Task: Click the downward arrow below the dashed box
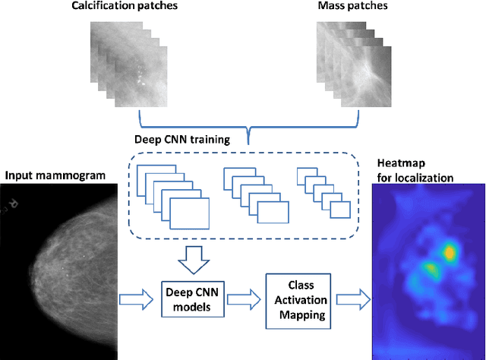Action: (x=191, y=261)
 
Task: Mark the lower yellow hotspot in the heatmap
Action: (x=431, y=268)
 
